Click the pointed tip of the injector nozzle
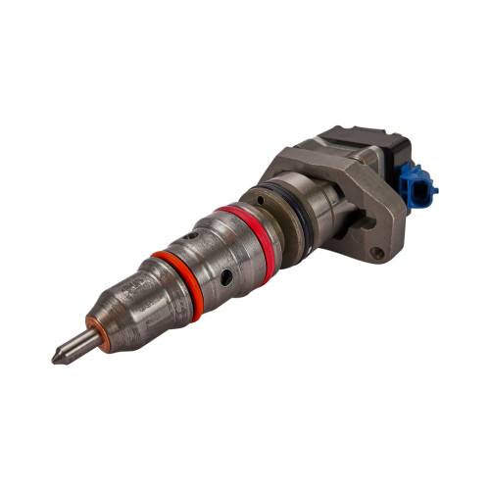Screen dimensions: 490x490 57,358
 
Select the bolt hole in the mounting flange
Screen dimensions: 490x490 375,253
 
